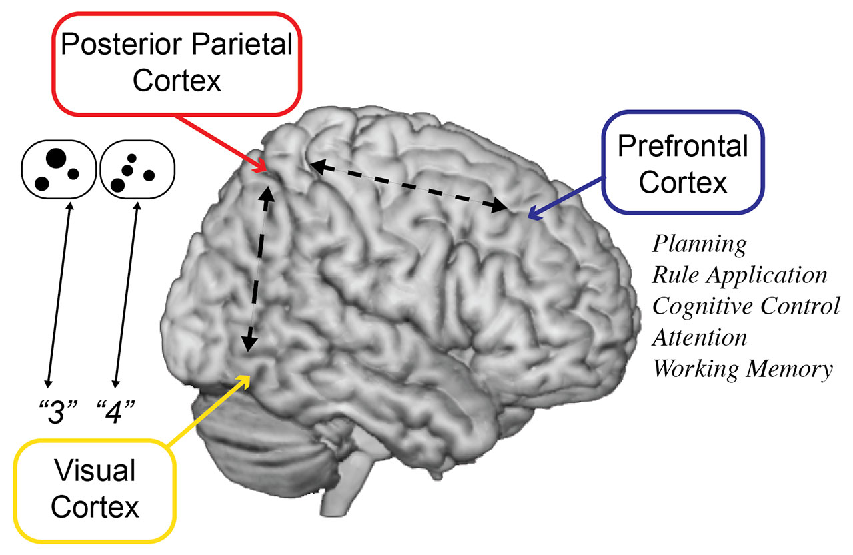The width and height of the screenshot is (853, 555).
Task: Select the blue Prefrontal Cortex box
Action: point(682,163)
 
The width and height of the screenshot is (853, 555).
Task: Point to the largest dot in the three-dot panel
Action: point(55,159)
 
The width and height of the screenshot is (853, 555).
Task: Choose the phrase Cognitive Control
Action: point(746,306)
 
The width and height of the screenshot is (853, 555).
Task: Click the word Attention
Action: point(700,337)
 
